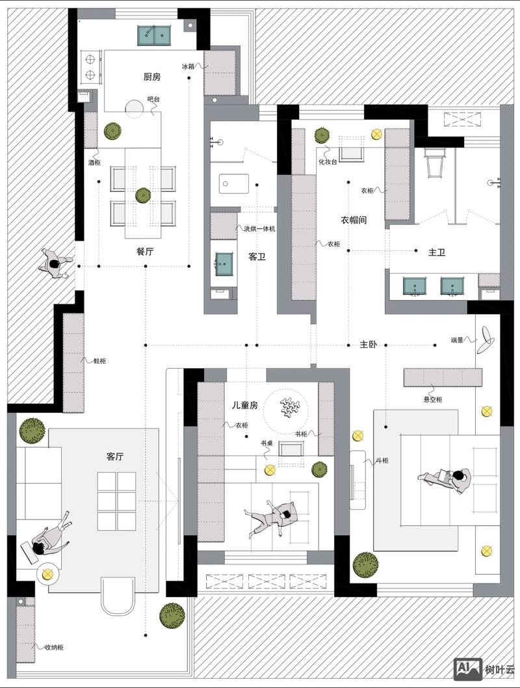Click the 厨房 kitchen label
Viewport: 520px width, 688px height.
point(151,77)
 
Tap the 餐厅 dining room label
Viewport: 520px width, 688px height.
point(145,252)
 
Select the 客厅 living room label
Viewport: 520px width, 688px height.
point(115,456)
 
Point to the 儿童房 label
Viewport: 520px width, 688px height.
point(244,405)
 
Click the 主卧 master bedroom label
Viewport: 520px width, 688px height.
point(369,345)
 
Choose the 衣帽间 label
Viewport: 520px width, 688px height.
point(354,220)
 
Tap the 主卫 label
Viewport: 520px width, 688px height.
point(437,252)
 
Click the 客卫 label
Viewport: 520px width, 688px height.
point(257,257)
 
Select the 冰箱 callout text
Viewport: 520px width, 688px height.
point(188,66)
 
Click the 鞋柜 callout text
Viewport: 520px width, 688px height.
point(99,361)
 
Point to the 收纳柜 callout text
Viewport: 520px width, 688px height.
point(54,647)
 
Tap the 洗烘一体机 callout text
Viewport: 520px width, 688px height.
point(259,229)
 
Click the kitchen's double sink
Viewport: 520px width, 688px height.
point(154,35)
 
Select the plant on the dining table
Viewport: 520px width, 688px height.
point(143,195)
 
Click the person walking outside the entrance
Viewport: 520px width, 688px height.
point(55,263)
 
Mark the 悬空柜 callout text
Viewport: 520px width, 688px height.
point(433,399)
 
